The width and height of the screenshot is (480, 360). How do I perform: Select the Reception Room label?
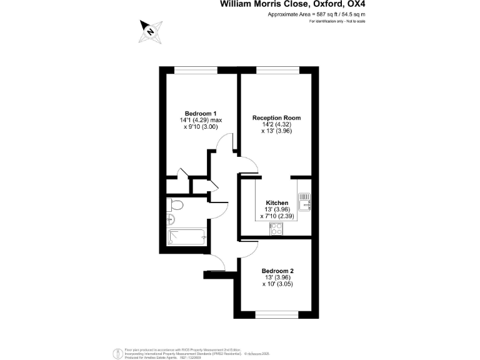pos(276,117)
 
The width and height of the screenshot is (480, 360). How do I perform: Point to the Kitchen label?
pos(277,203)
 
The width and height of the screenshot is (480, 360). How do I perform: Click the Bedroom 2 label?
pos(277,271)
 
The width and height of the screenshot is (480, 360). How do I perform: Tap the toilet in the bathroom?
pos(176,205)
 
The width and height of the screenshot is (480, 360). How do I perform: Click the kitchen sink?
pos(304,201)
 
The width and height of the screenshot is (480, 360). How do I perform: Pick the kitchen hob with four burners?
pos(276,229)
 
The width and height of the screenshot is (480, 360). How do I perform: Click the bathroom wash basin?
pos(170,218)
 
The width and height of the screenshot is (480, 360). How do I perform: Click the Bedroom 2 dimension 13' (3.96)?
pos(277,277)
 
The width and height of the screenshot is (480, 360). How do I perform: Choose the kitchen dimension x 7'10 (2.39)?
pos(277,216)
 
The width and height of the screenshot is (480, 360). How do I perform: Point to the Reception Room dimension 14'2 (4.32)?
pos(276,124)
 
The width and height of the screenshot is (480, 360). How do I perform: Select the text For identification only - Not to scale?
pos(337,22)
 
